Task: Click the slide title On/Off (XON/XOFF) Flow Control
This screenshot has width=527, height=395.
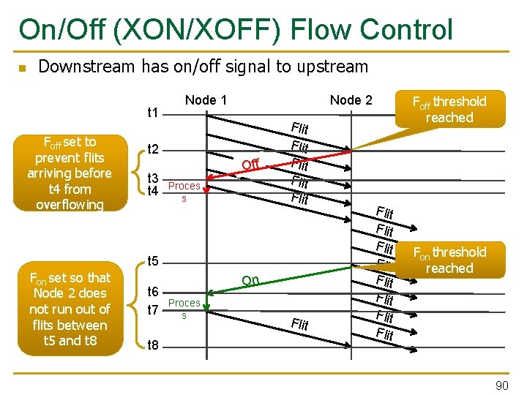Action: tap(236, 29)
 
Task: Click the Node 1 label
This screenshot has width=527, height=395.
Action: tap(206, 100)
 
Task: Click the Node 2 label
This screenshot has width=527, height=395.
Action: tap(351, 100)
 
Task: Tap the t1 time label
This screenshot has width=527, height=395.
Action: tap(154, 113)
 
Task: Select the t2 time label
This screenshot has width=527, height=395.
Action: tap(154, 150)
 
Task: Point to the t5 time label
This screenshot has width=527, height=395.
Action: tap(154, 261)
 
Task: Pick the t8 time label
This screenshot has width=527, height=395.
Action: tap(154, 345)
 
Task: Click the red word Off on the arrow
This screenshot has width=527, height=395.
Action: tap(250, 165)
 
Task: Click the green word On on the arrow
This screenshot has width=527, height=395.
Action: tap(250, 280)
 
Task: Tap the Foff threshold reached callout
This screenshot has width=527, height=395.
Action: tap(449, 109)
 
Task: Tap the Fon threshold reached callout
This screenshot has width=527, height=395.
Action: tap(449, 260)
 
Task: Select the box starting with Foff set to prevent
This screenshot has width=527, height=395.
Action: tap(70, 173)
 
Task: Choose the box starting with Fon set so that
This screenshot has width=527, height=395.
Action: tap(70, 309)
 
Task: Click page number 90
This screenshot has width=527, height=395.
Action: tap(501, 385)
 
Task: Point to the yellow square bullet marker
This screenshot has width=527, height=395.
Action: tap(23, 69)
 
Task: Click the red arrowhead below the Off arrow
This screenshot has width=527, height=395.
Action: tap(206, 191)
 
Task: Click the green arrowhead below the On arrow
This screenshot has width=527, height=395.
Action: tap(207, 306)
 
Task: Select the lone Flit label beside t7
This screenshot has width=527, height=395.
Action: tap(299, 324)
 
